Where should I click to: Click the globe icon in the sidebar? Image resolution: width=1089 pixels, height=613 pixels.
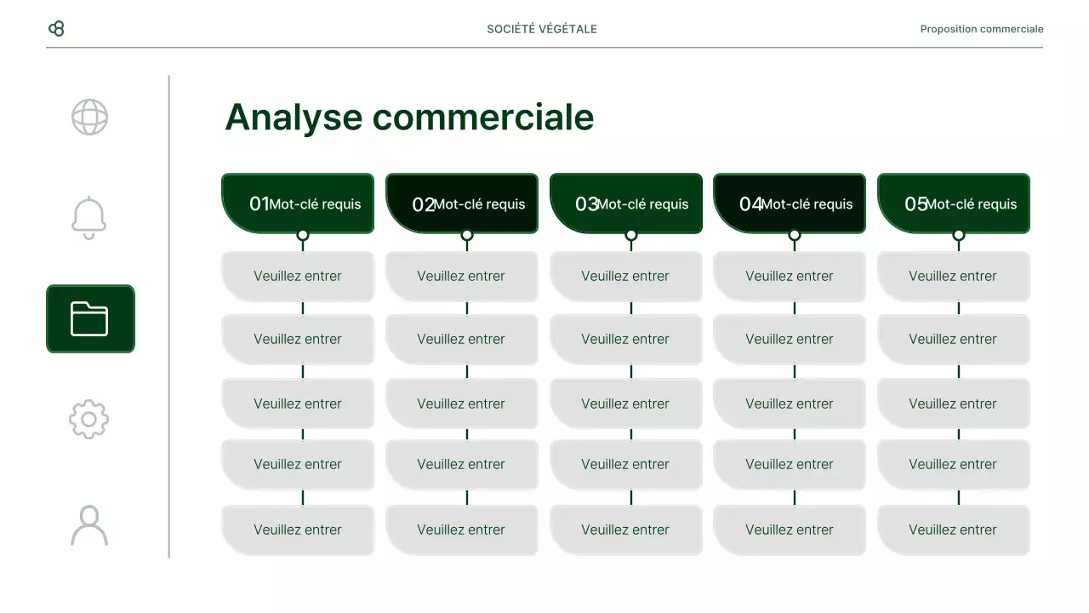pos(89,117)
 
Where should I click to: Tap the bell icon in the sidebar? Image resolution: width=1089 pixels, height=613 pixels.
pos(89,218)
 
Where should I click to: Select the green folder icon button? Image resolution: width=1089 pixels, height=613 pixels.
pos(90,318)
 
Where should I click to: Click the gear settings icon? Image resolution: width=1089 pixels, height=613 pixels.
pos(89,419)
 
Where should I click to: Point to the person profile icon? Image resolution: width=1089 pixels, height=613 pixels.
pos(89,525)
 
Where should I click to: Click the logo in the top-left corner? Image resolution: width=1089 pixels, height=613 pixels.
pos(56,29)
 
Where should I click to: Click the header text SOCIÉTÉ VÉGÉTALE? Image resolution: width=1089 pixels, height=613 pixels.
pos(542,29)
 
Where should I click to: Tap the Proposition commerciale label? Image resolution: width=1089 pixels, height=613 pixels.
pos(981,29)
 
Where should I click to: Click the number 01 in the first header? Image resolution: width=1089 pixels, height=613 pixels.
pos(259,204)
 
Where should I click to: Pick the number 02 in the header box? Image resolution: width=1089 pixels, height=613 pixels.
pos(423,204)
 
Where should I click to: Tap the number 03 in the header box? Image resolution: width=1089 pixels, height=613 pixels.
pos(586,204)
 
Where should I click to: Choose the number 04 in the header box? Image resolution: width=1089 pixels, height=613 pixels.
pos(750,204)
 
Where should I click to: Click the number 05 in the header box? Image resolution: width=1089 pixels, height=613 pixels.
pos(915,204)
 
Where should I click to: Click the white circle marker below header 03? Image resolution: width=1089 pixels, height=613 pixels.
pos(630,235)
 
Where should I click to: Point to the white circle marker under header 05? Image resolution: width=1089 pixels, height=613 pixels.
pos(959,235)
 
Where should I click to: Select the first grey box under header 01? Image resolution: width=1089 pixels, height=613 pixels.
pos(298,276)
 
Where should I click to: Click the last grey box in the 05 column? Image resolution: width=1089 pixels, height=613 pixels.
pos(953,530)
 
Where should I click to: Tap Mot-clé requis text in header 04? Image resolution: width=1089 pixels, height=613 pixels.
pos(807,204)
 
